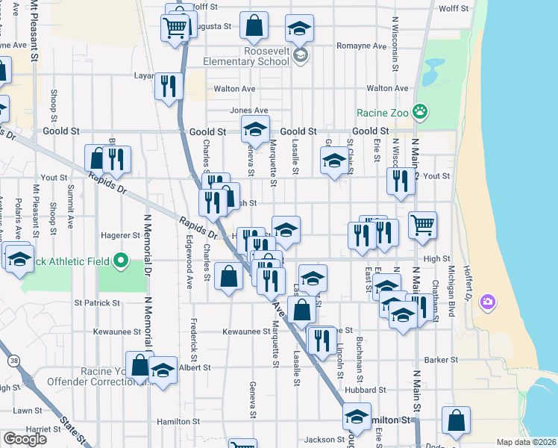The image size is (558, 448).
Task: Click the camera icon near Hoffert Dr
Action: (x=488, y=302)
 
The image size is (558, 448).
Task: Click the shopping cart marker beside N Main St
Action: (x=423, y=225)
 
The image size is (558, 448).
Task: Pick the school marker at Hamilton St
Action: (x=357, y=417)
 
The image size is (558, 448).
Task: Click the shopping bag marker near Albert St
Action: (x=139, y=365)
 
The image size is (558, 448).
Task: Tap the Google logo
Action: (x=25, y=438)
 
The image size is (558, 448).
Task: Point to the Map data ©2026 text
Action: (x=525, y=442)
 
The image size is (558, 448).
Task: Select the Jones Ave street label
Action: (x=249, y=111)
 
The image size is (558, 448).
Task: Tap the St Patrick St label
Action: (x=96, y=303)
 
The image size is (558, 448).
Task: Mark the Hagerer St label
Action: (x=121, y=235)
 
